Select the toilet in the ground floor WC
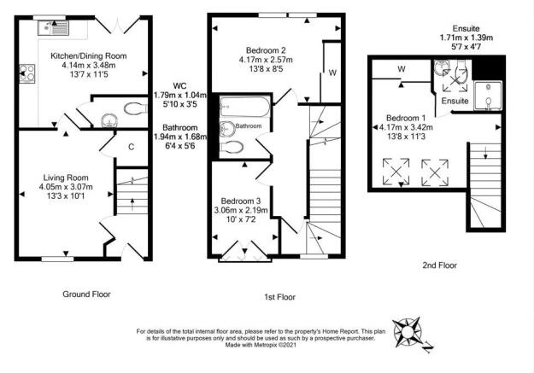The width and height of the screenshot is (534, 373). pyautogui.click(x=133, y=109)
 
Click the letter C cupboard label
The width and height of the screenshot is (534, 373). pyautogui.click(x=131, y=147)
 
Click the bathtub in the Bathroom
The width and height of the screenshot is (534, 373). pyautogui.click(x=244, y=108)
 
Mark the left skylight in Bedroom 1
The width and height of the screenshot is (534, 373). pyautogui.click(x=397, y=172)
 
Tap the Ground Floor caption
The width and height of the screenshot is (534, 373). pyautogui.click(x=86, y=294)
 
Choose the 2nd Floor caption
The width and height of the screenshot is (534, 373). pyautogui.click(x=439, y=265)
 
